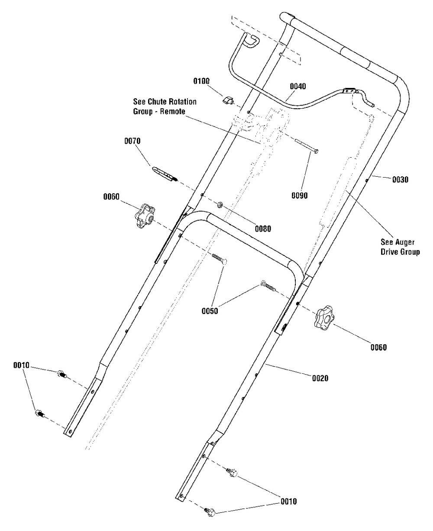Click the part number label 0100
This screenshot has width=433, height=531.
point(201,81)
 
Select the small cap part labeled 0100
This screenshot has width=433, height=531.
point(228,101)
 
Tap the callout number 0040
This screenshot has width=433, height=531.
point(297,86)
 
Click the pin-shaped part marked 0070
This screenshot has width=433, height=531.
point(165,174)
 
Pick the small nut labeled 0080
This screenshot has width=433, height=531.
point(220,204)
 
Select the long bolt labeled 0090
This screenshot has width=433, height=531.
point(306,147)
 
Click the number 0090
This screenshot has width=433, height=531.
point(300,196)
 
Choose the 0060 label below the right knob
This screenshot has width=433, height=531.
point(378,347)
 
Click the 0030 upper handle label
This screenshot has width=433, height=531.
point(401,178)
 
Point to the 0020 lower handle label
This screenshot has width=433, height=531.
point(320,378)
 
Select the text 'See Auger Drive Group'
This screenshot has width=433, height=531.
point(401,248)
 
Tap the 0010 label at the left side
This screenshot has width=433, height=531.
point(21,366)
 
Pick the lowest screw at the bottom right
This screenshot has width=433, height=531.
point(211,513)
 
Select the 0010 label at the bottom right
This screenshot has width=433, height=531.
point(289,502)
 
